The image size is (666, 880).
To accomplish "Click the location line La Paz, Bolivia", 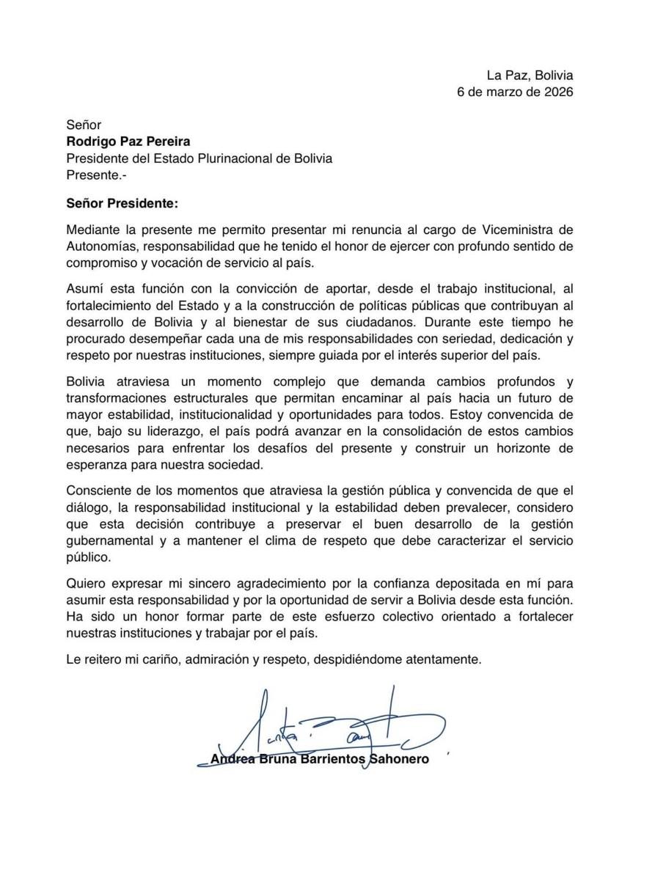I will (x=530, y=76).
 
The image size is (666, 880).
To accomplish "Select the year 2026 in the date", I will (x=557, y=92).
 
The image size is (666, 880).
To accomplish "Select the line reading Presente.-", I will (x=91, y=175).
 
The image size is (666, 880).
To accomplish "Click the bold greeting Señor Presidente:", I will (x=122, y=202).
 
